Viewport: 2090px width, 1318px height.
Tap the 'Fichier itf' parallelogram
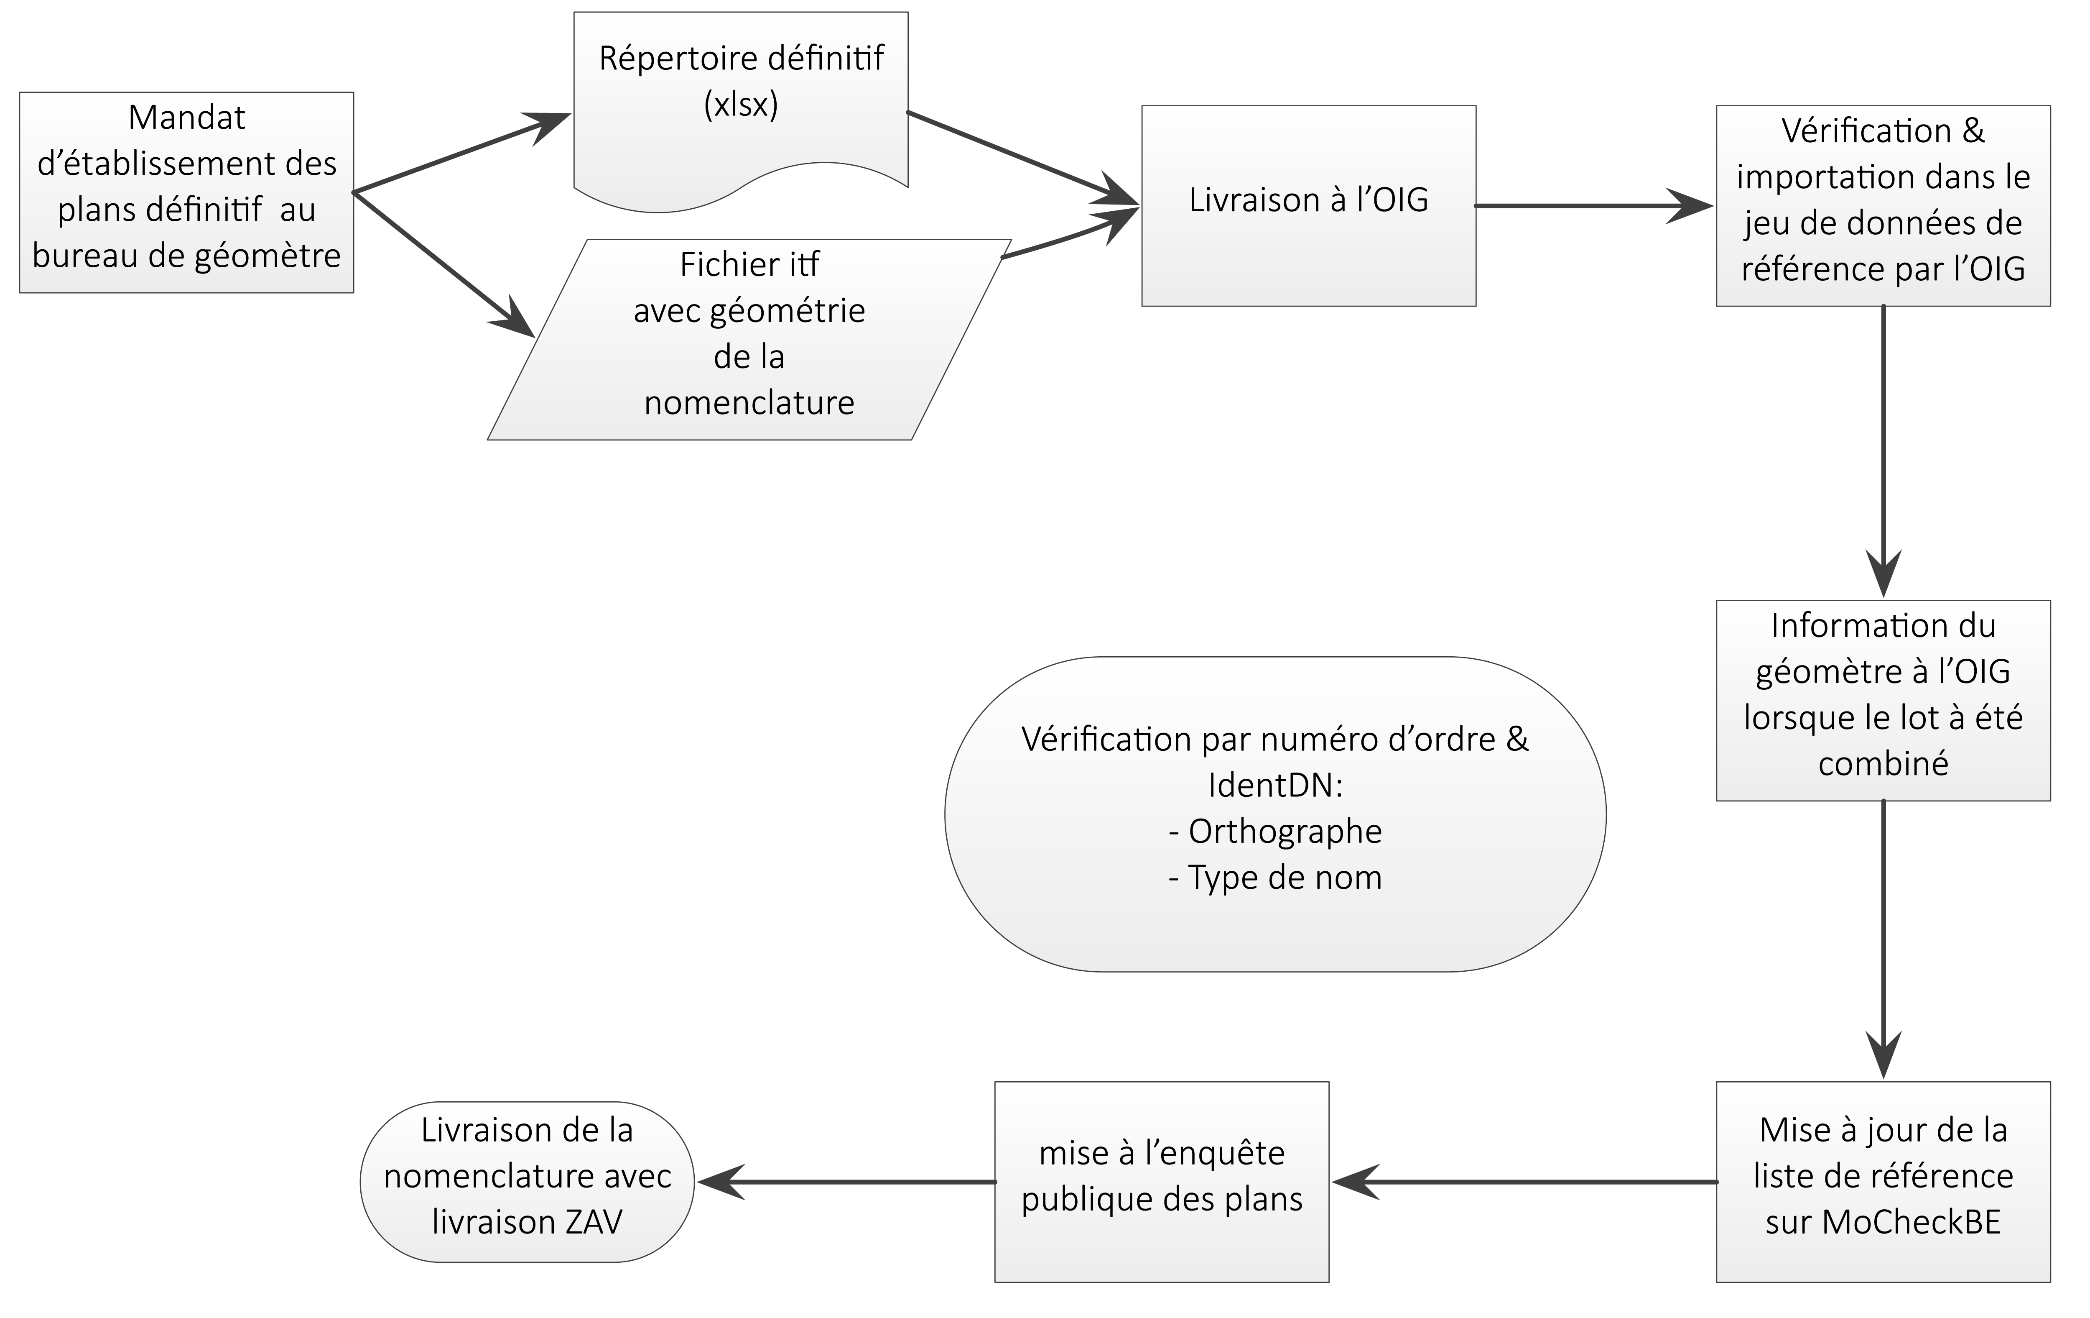click(749, 340)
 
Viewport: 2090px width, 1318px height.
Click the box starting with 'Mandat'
click(186, 192)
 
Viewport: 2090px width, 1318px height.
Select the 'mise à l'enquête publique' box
click(1161, 1182)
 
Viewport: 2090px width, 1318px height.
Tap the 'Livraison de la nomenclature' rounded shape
click(527, 1182)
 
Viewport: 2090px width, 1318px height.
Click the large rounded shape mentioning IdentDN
click(1275, 814)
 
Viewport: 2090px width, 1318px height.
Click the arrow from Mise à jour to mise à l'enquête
click(1524, 1182)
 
